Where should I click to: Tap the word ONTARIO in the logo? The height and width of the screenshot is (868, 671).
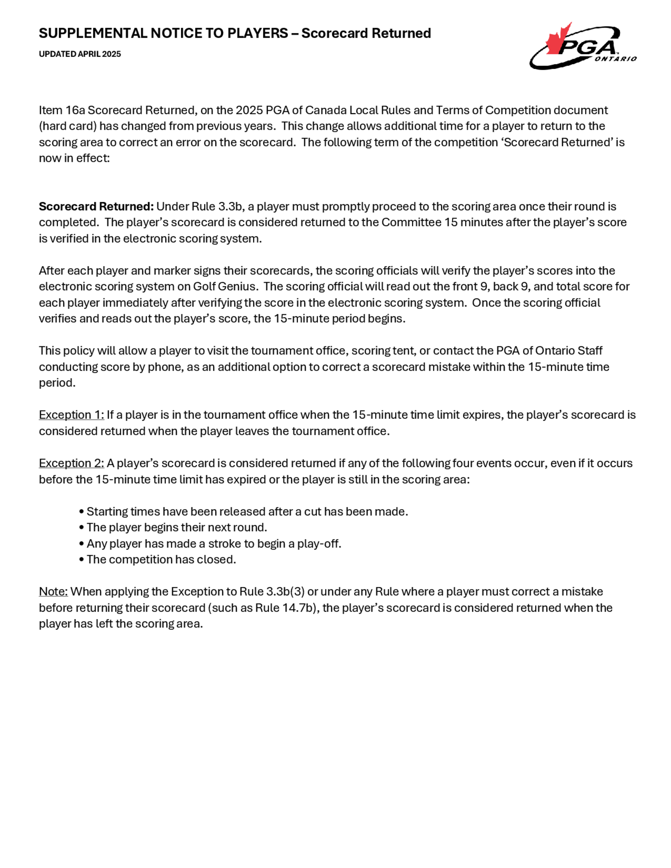[615, 59]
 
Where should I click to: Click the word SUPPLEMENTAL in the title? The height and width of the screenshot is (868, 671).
[93, 34]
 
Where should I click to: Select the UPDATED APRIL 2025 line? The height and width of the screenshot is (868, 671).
[80, 54]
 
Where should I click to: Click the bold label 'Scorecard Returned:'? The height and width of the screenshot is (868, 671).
[96, 207]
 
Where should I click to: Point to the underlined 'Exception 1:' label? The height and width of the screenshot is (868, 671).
[71, 415]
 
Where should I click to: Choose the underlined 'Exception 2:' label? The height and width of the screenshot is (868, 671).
[71, 464]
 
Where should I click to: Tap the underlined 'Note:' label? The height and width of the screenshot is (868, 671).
[53, 592]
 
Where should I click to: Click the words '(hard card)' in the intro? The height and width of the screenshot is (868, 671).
[67, 126]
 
